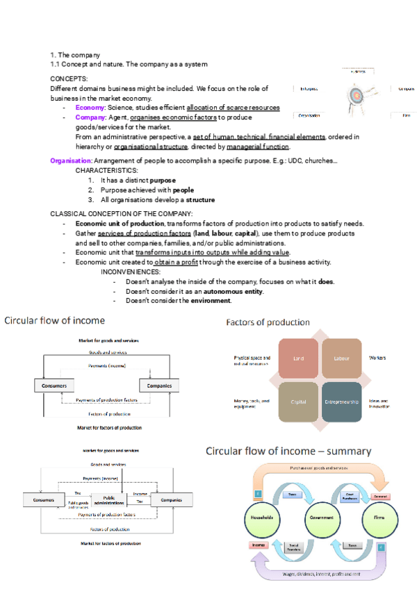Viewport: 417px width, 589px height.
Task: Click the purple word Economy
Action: point(90,108)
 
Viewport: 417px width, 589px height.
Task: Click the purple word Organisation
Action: point(71,161)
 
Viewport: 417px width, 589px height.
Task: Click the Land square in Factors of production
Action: point(300,358)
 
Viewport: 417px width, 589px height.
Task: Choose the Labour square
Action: point(341,358)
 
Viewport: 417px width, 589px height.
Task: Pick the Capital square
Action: point(299,401)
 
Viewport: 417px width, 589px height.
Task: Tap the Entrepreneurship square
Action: point(341,401)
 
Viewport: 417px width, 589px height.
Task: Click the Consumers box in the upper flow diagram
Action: point(54,385)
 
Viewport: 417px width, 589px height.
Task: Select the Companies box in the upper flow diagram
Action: point(159,385)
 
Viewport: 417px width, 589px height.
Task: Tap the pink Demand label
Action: point(380,497)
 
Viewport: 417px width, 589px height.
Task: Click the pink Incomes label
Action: point(258,545)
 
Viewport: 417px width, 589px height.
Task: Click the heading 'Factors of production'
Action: point(268,322)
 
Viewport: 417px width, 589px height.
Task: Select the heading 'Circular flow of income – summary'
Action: point(288,451)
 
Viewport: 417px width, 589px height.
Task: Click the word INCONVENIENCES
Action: point(131,272)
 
